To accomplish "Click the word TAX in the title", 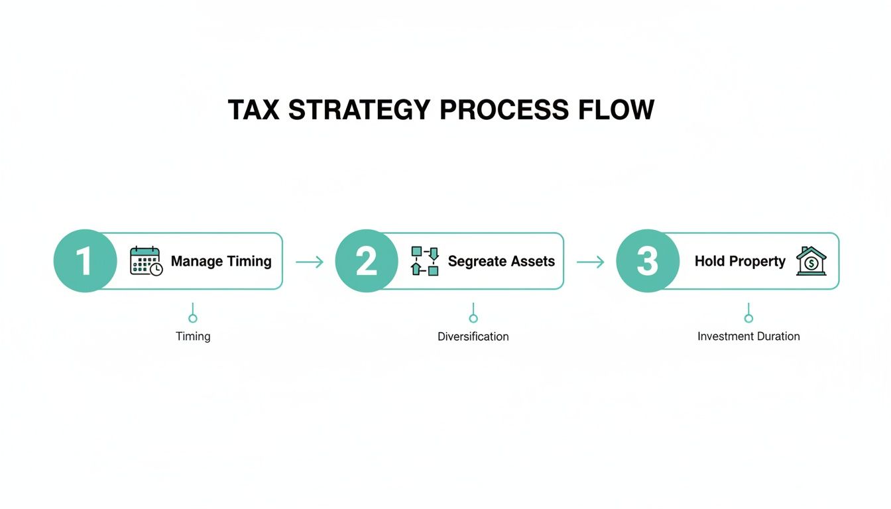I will coord(254,110).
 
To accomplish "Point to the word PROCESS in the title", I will coord(504,110).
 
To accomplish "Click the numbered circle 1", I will coord(85,261).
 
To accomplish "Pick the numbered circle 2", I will coord(367,261).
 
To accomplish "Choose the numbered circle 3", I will coord(648,261).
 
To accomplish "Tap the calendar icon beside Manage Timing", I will coord(146,261).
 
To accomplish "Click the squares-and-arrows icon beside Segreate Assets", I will coord(425,261).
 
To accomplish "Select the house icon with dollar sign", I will coord(811,261).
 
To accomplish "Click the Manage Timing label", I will coord(221,261).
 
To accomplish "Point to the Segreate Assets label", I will coord(501,261).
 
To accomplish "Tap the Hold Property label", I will coord(740,261).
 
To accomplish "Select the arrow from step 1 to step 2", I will coord(310,262).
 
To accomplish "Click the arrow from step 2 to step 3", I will coord(591,262).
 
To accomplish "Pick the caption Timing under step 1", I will coord(193,337).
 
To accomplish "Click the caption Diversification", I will coord(473,337).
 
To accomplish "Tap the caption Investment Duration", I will coord(748,337).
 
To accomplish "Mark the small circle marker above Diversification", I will coord(473,318).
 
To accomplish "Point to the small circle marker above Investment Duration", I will coord(748,318).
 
